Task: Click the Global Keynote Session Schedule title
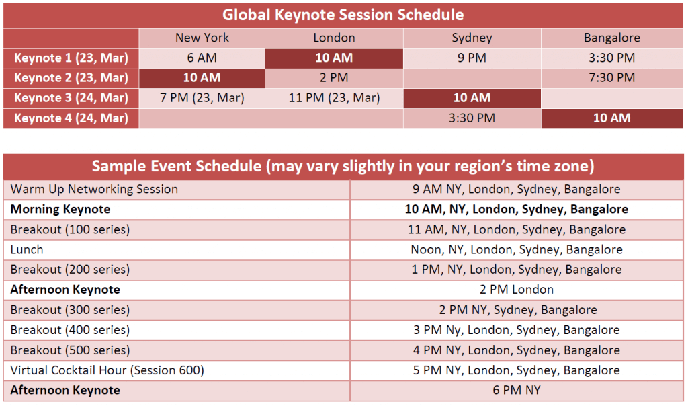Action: tap(343, 15)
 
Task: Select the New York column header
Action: tap(202, 38)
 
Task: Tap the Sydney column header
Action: tap(472, 38)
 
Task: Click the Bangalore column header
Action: tap(611, 38)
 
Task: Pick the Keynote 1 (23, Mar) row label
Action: tap(71, 58)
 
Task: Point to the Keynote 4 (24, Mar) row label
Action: tap(71, 118)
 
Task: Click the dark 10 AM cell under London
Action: tap(334, 58)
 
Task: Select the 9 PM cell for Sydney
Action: tap(472, 58)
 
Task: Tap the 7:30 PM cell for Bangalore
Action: tap(611, 78)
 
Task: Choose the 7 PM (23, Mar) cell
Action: tap(202, 98)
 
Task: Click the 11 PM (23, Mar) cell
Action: tap(334, 98)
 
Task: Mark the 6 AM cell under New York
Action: tap(202, 58)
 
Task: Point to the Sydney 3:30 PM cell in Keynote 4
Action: tap(472, 118)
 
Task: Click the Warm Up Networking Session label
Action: tap(94, 189)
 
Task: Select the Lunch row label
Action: tap(27, 250)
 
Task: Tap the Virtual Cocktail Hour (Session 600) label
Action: tap(107, 370)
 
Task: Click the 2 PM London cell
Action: tap(517, 290)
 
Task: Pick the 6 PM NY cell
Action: tap(517, 390)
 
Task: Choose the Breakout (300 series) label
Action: tap(70, 310)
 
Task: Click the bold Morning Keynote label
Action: tap(60, 209)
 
